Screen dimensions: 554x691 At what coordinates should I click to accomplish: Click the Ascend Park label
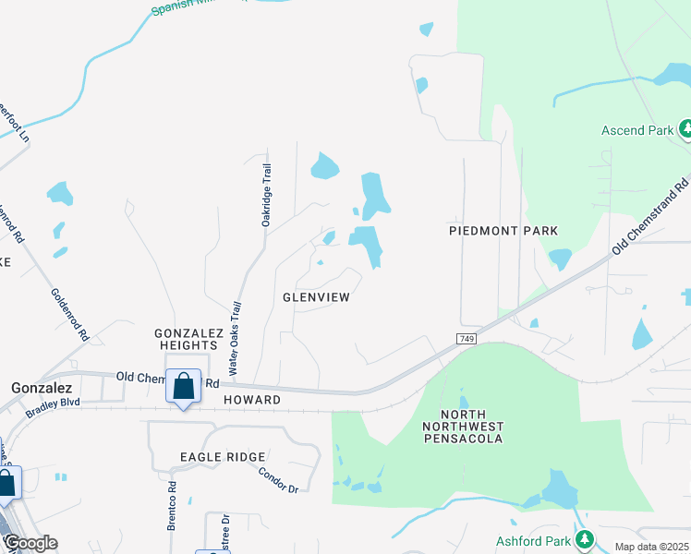tap(637, 130)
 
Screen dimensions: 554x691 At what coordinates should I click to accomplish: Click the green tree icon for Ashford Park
tap(584, 538)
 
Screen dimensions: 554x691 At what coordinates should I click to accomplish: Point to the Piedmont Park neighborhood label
tap(503, 230)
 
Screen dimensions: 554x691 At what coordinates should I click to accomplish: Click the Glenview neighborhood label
tap(316, 297)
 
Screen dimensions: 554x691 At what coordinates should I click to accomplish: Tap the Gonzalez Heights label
tap(186, 338)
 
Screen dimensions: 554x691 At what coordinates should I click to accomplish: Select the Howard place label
tap(252, 400)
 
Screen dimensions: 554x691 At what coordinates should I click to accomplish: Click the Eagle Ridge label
tap(223, 457)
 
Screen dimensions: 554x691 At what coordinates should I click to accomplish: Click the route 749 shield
tap(468, 340)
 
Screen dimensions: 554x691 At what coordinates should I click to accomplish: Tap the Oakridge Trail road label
tap(267, 195)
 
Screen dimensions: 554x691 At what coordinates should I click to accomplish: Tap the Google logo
tap(30, 543)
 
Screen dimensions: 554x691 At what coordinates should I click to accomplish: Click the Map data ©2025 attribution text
tap(651, 547)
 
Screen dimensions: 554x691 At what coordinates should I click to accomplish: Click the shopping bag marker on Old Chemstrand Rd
tap(184, 386)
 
